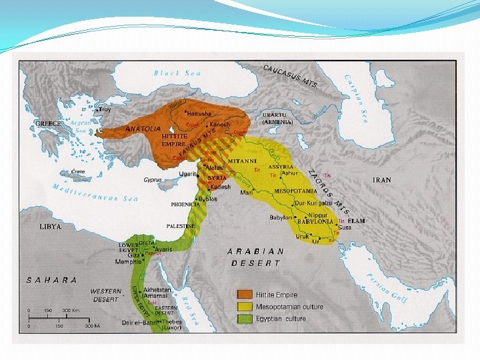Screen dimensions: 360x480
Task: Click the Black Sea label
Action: point(177,73)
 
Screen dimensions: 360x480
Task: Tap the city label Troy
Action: point(105,109)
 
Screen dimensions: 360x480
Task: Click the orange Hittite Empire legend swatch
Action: point(246,295)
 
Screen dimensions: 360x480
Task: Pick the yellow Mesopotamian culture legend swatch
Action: point(246,307)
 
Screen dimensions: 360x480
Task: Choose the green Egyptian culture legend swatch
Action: point(246,319)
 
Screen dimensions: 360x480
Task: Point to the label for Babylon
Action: point(280,217)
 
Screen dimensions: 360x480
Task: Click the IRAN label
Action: point(382,180)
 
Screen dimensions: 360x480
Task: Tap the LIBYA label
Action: point(50,227)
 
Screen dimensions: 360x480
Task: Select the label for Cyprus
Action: point(153,180)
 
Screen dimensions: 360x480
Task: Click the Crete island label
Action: point(79,172)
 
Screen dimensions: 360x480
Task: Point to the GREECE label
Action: point(48,124)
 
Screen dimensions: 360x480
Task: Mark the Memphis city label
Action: point(128,262)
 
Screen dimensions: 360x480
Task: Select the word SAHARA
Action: point(51,280)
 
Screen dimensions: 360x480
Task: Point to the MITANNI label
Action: point(242,161)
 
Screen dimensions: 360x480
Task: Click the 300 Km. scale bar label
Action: point(71,311)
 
